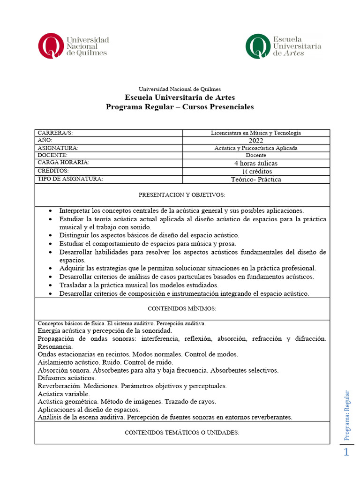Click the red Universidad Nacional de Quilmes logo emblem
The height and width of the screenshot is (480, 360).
[50, 45]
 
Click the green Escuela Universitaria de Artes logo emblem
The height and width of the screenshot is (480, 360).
[257, 46]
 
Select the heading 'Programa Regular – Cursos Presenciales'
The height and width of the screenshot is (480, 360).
[180, 107]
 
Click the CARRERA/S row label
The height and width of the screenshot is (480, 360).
[55, 133]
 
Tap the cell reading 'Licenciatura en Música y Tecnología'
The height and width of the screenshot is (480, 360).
[255, 133]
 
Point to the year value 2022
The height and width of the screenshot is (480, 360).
[256, 141]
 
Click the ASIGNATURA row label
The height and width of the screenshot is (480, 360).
[58, 148]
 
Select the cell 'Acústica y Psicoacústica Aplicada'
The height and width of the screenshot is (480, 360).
[255, 148]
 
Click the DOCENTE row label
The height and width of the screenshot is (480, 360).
[52, 155]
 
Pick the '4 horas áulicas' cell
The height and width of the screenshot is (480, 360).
[256, 163]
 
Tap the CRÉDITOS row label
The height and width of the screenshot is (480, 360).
[53, 171]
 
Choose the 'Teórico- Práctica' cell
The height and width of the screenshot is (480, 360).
[256, 179]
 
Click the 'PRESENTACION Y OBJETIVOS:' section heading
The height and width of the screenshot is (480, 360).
[182, 195]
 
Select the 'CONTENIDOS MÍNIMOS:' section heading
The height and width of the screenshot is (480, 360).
[182, 308]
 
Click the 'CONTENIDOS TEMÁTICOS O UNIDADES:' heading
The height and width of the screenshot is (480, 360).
[182, 433]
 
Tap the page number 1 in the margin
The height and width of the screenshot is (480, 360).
[346, 452]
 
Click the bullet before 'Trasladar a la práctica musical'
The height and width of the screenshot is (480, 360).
[50, 285]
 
